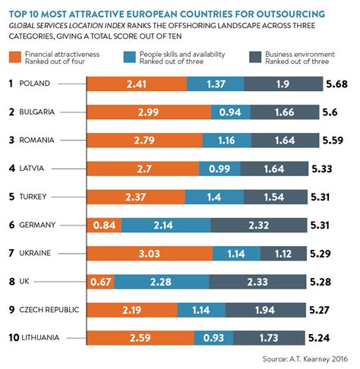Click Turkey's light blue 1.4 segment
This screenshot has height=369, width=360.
click(x=213, y=197)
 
